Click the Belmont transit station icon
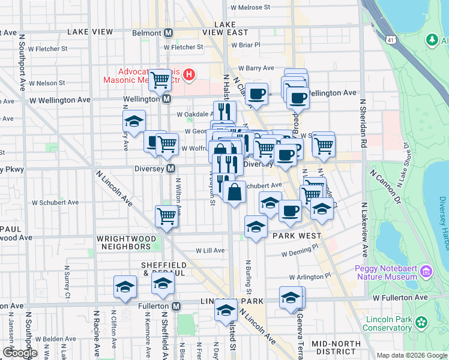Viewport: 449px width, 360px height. click(x=169, y=32)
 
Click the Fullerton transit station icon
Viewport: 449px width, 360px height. click(x=176, y=306)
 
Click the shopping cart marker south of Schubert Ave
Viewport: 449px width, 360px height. click(x=166, y=216)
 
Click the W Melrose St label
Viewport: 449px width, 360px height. click(x=248, y=7)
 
